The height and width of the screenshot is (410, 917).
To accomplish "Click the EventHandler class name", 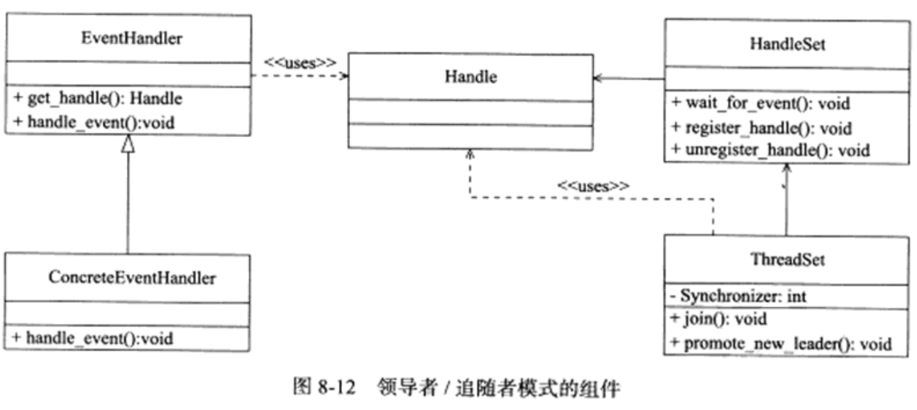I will [132, 39].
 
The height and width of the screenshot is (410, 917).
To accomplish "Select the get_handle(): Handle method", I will [98, 99].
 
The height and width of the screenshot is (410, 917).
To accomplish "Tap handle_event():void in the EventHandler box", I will [94, 123].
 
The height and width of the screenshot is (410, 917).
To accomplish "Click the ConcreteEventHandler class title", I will [132, 278].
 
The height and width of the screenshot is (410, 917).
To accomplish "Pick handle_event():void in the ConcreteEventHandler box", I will [93, 339].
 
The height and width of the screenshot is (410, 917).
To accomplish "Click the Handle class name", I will [471, 77].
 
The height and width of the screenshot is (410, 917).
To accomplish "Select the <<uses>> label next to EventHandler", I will [300, 63].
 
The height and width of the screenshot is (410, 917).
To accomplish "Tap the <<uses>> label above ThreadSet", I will [593, 186].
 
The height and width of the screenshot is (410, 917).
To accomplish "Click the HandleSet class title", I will [787, 44].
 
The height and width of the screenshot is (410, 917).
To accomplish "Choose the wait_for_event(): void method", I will [761, 103].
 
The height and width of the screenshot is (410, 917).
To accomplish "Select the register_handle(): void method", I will [761, 128].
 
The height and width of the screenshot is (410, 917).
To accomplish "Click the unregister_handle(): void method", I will [771, 150].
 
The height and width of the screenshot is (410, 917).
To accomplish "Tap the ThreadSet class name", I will [787, 259].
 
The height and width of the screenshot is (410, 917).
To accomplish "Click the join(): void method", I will [719, 319].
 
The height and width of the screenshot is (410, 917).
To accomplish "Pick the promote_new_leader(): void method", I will [781, 344].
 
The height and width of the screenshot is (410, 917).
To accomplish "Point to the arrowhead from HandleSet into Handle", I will [597, 78].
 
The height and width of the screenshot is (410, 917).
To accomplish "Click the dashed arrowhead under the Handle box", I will [470, 154].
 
